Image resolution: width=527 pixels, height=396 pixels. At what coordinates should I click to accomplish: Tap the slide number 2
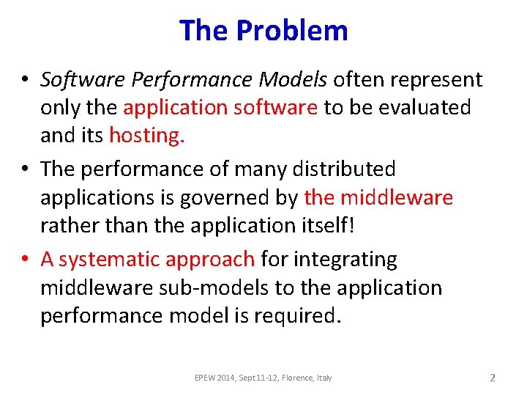tap(493, 378)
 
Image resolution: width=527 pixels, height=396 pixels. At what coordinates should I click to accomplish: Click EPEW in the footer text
tap(206, 378)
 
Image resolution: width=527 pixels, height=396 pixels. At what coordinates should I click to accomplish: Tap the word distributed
tap(343, 169)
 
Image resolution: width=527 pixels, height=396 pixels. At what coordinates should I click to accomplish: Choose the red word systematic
tap(110, 260)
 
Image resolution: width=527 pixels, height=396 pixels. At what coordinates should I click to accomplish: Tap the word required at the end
tap(302, 315)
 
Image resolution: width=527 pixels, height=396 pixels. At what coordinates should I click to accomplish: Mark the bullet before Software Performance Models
tap(26, 80)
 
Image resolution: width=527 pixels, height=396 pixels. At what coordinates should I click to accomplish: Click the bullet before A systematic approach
tap(26, 260)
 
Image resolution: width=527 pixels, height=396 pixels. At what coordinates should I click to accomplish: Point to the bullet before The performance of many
tap(26, 169)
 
